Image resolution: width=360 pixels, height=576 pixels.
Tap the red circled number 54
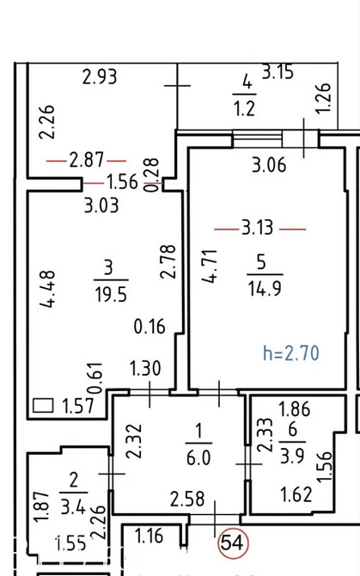(232, 542)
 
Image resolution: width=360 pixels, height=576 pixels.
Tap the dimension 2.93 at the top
(100, 77)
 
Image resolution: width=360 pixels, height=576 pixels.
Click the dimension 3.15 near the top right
(278, 72)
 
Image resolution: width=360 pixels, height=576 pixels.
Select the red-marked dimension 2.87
(86, 159)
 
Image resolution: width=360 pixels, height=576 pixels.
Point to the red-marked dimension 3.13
(258, 228)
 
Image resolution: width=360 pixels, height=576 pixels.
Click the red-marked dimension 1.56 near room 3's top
(122, 182)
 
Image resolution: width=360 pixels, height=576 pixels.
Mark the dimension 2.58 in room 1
(187, 499)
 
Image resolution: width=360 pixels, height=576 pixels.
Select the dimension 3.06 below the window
(269, 166)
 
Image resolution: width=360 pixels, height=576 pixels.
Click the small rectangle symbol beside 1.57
(43, 405)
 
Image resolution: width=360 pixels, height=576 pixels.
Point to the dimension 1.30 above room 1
(145, 369)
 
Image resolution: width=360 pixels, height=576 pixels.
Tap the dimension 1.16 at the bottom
(149, 537)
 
